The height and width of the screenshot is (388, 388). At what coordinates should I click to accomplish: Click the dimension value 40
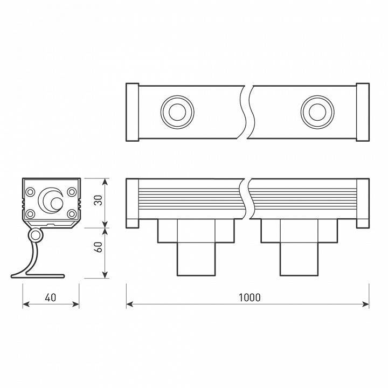click(x=50, y=297)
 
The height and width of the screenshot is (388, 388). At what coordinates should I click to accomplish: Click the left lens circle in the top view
click(x=175, y=113)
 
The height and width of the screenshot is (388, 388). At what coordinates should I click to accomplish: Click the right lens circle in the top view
click(x=314, y=113)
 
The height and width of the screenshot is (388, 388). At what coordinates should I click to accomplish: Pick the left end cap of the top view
click(x=132, y=112)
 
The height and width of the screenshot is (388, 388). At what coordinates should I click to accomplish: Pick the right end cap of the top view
click(x=363, y=112)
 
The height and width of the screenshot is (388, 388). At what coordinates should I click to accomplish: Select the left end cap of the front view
click(x=132, y=204)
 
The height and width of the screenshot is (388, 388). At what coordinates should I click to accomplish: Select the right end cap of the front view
click(x=363, y=204)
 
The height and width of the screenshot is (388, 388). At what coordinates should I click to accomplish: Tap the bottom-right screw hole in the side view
click(x=72, y=214)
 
